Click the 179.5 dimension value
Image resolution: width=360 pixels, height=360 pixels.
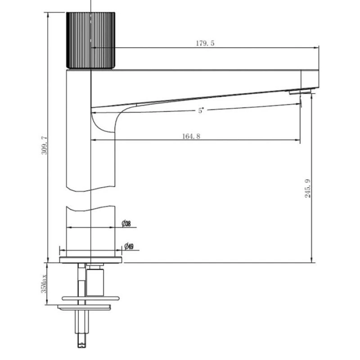(x=205, y=43)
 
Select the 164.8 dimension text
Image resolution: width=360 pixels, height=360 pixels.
(x=191, y=137)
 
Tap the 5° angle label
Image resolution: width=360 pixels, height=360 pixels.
(x=201, y=111)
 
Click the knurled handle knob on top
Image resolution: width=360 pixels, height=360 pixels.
(x=91, y=40)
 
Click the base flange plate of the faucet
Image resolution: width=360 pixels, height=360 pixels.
(x=91, y=260)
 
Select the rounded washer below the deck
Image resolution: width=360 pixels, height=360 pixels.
(x=90, y=298)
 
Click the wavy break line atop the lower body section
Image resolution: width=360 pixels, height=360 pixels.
(x=91, y=208)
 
